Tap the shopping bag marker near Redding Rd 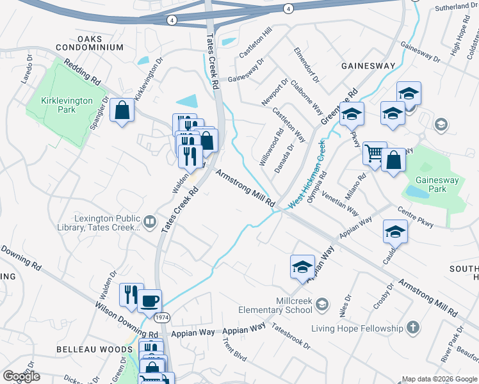tap(121, 111)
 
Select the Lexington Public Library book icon tap(149, 222)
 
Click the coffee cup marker tap(149, 300)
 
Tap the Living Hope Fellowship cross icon tap(413, 328)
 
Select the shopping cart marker tap(375, 154)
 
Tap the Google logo tap(21, 376)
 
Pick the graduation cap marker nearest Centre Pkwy tap(395, 232)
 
